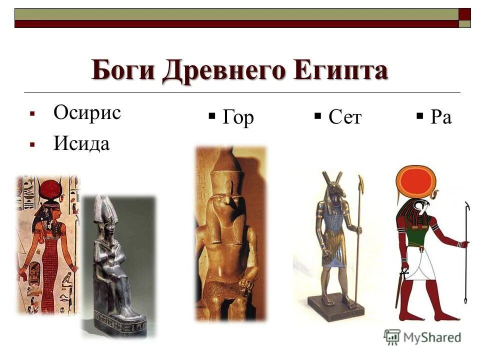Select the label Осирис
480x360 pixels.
87,112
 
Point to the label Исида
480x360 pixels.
81,144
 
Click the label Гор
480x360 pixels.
238,117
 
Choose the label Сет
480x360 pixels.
344,117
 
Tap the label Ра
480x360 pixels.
440,117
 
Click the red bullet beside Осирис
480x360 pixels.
32,114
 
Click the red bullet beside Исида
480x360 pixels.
32,145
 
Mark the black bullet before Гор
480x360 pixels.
212,117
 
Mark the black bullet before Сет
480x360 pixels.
317,117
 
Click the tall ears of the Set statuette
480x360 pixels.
332,177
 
